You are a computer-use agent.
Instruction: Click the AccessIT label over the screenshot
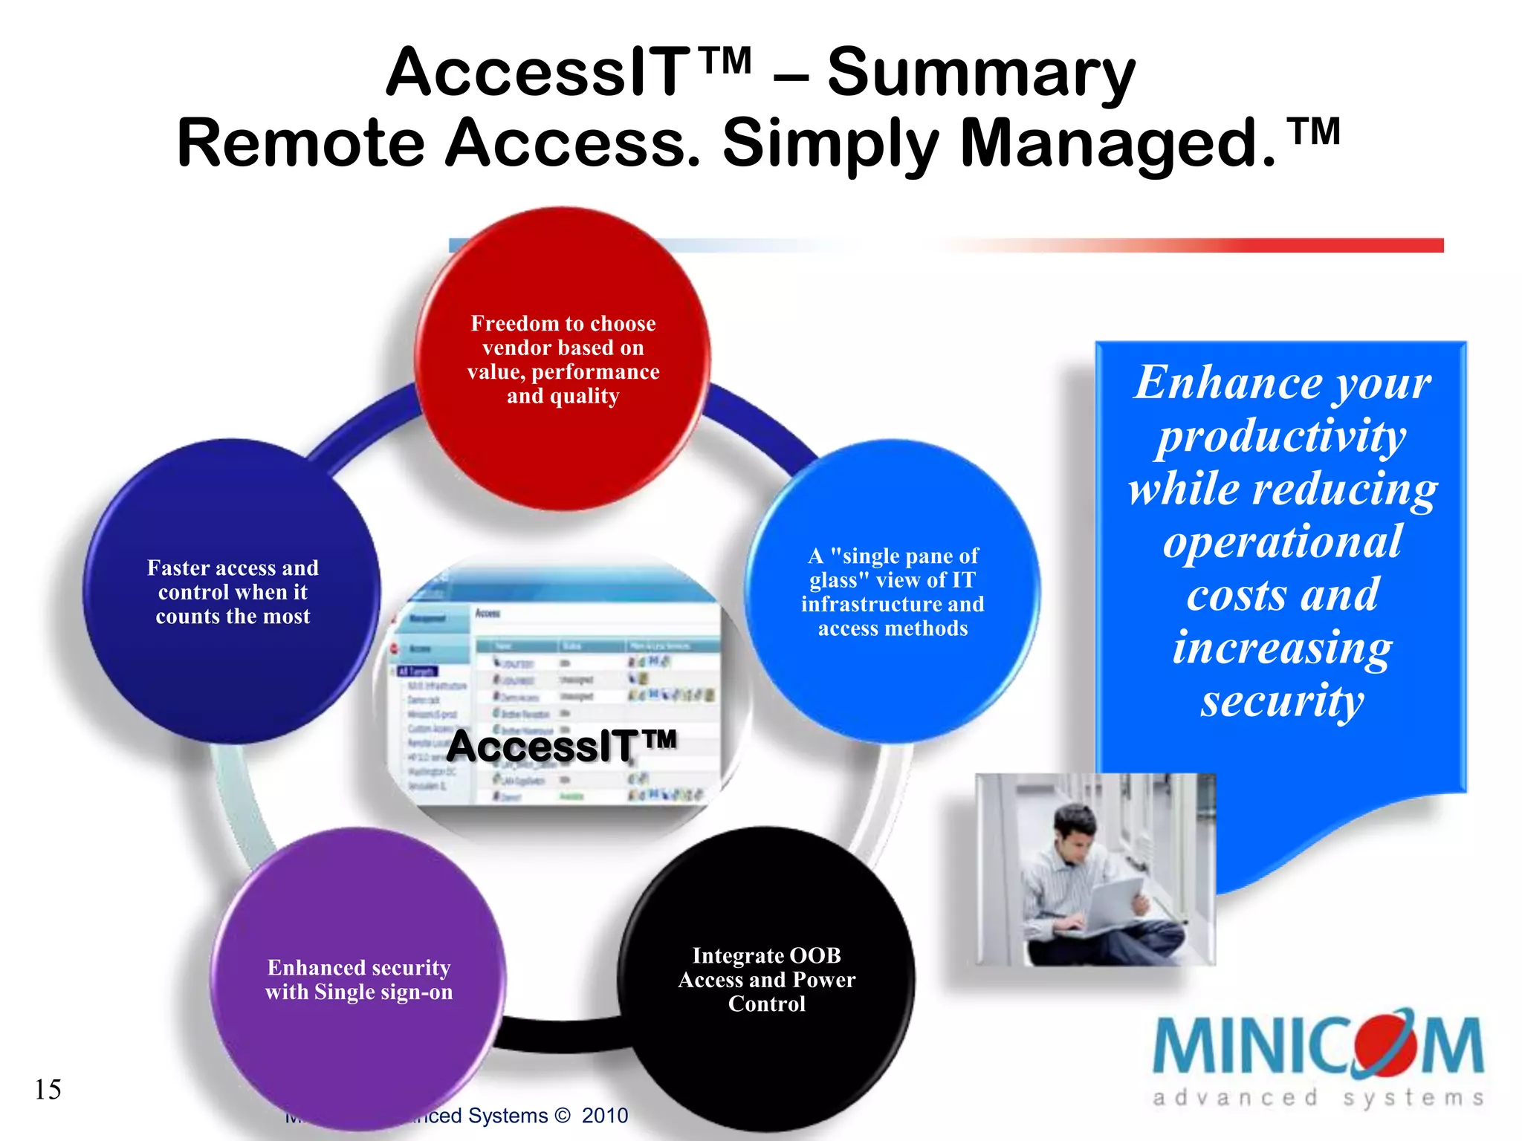pyautogui.click(x=561, y=746)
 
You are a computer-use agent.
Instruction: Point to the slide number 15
pyautogui.click(x=48, y=1090)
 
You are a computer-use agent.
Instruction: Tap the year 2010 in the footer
pyautogui.click(x=604, y=1116)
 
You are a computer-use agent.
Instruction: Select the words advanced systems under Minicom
pyautogui.click(x=1318, y=1098)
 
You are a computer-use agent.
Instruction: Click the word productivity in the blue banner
pyautogui.click(x=1282, y=437)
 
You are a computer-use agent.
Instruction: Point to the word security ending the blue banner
pyautogui.click(x=1282, y=701)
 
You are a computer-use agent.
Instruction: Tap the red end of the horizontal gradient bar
pyautogui.click(x=1412, y=245)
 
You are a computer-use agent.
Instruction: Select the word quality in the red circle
pyautogui.click(x=583, y=396)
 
